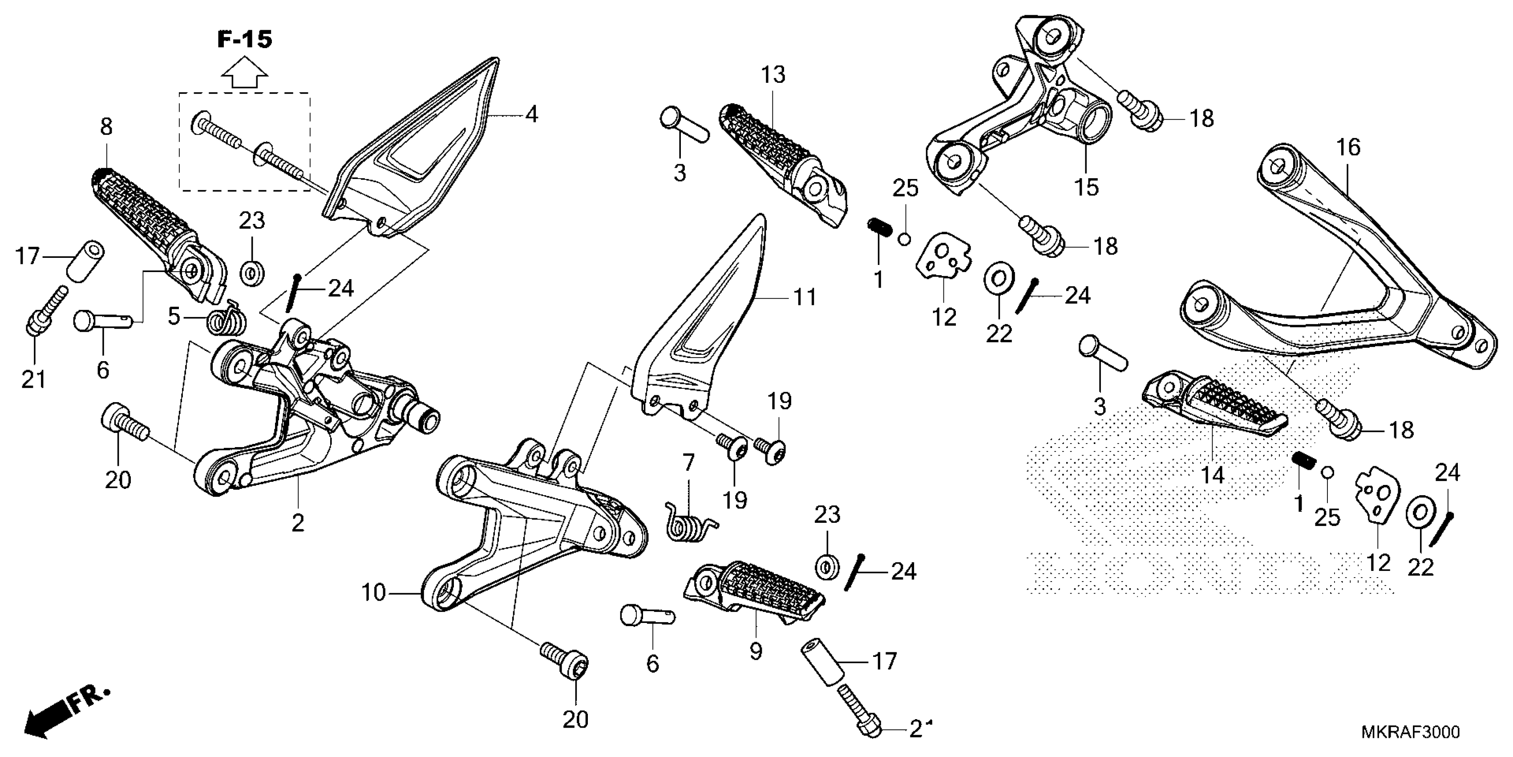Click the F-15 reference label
(x=245, y=40)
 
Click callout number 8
(x=106, y=126)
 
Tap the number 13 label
(x=773, y=76)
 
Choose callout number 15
(x=1086, y=187)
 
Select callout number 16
(x=1348, y=147)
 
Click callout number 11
(x=804, y=297)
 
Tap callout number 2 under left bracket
(x=298, y=522)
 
